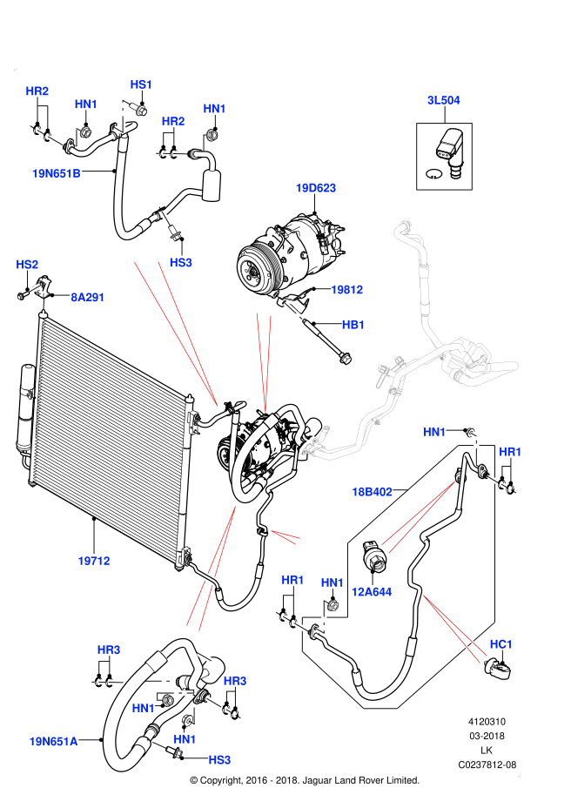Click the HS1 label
[x=141, y=84]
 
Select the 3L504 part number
[x=443, y=100]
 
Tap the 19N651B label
[x=57, y=173]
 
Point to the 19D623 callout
[x=315, y=188]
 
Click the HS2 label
[x=27, y=265]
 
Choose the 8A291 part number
[x=88, y=298]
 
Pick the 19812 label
[x=346, y=290]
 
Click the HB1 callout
[x=353, y=325]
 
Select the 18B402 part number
[x=372, y=492]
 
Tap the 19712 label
[x=94, y=562]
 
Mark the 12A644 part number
[x=371, y=592]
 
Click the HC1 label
[x=500, y=644]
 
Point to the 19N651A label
[x=53, y=742]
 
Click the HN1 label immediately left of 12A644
[x=333, y=582]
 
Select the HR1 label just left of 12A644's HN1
[x=292, y=580]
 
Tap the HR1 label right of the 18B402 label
[x=510, y=452]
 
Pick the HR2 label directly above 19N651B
[x=37, y=91]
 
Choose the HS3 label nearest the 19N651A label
[x=219, y=760]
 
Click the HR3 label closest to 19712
[x=109, y=650]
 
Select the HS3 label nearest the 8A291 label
[x=180, y=263]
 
